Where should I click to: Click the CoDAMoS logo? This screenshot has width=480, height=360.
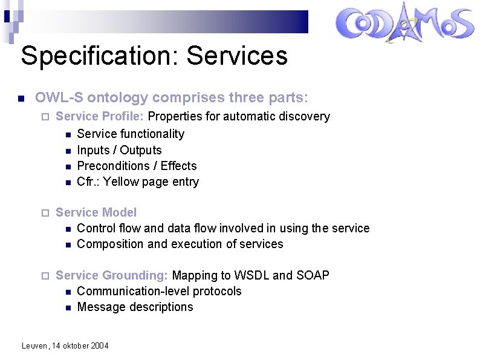(x=404, y=25)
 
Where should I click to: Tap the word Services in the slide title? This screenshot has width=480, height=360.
(x=237, y=56)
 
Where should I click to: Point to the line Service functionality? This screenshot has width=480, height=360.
(x=131, y=134)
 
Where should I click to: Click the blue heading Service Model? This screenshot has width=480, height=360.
(x=96, y=212)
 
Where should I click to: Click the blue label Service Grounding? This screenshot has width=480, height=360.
(x=112, y=275)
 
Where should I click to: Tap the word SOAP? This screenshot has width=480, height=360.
(x=313, y=275)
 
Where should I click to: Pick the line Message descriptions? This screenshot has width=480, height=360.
(x=135, y=307)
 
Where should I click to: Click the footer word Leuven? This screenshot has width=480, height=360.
(x=34, y=346)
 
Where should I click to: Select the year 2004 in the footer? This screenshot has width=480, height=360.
(x=100, y=346)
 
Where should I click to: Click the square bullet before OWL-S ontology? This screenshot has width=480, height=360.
(x=21, y=98)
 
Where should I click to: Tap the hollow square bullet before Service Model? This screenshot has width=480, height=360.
(x=43, y=213)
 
